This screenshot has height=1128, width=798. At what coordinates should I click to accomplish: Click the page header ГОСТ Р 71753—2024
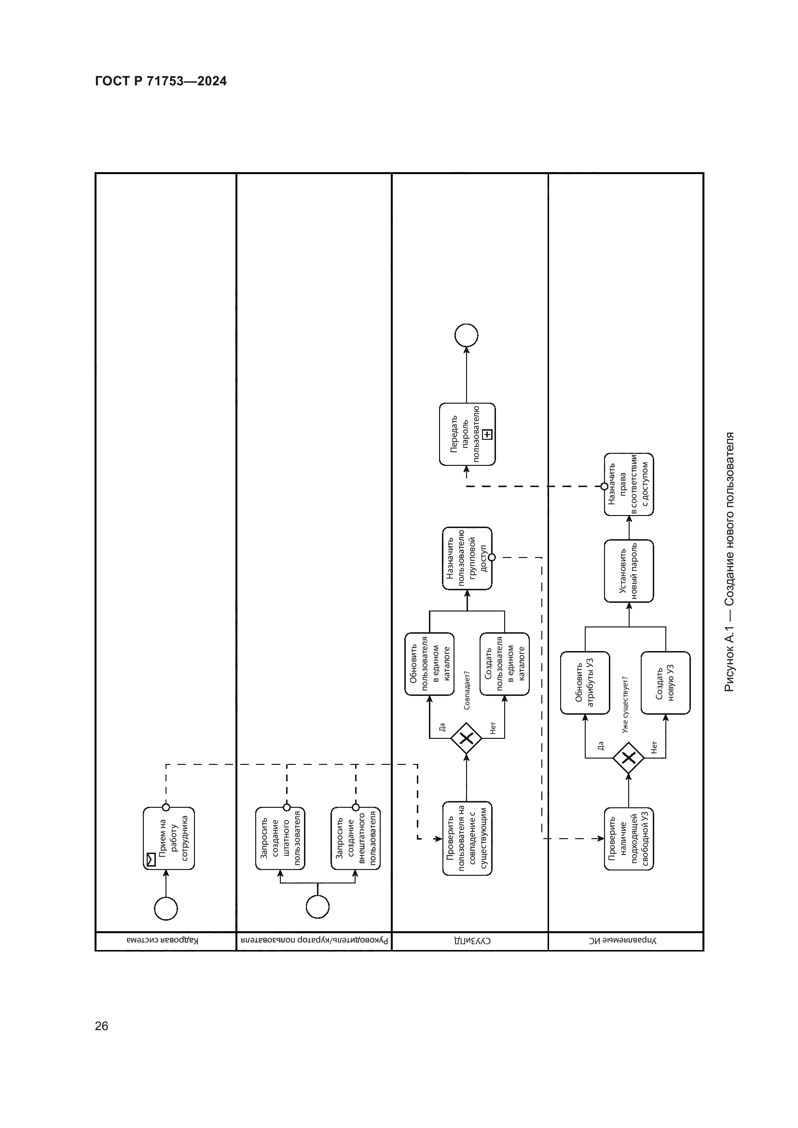point(161,81)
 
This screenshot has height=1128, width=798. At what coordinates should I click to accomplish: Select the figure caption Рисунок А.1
point(729,562)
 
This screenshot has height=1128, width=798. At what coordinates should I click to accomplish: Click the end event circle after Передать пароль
point(467,336)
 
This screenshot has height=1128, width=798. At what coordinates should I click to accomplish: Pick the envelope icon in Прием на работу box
point(151,859)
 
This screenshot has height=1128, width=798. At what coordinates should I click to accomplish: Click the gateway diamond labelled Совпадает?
point(467,738)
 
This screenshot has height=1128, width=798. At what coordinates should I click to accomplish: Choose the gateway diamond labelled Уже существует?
point(629,758)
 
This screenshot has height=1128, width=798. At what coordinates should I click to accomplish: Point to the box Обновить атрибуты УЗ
point(585,683)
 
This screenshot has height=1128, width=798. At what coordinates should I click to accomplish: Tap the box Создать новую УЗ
point(665,683)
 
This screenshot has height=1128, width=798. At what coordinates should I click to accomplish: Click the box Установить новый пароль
point(629,571)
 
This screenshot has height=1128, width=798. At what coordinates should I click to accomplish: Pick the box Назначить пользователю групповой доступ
point(467,558)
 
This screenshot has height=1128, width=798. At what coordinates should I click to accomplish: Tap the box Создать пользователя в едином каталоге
point(505,664)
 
